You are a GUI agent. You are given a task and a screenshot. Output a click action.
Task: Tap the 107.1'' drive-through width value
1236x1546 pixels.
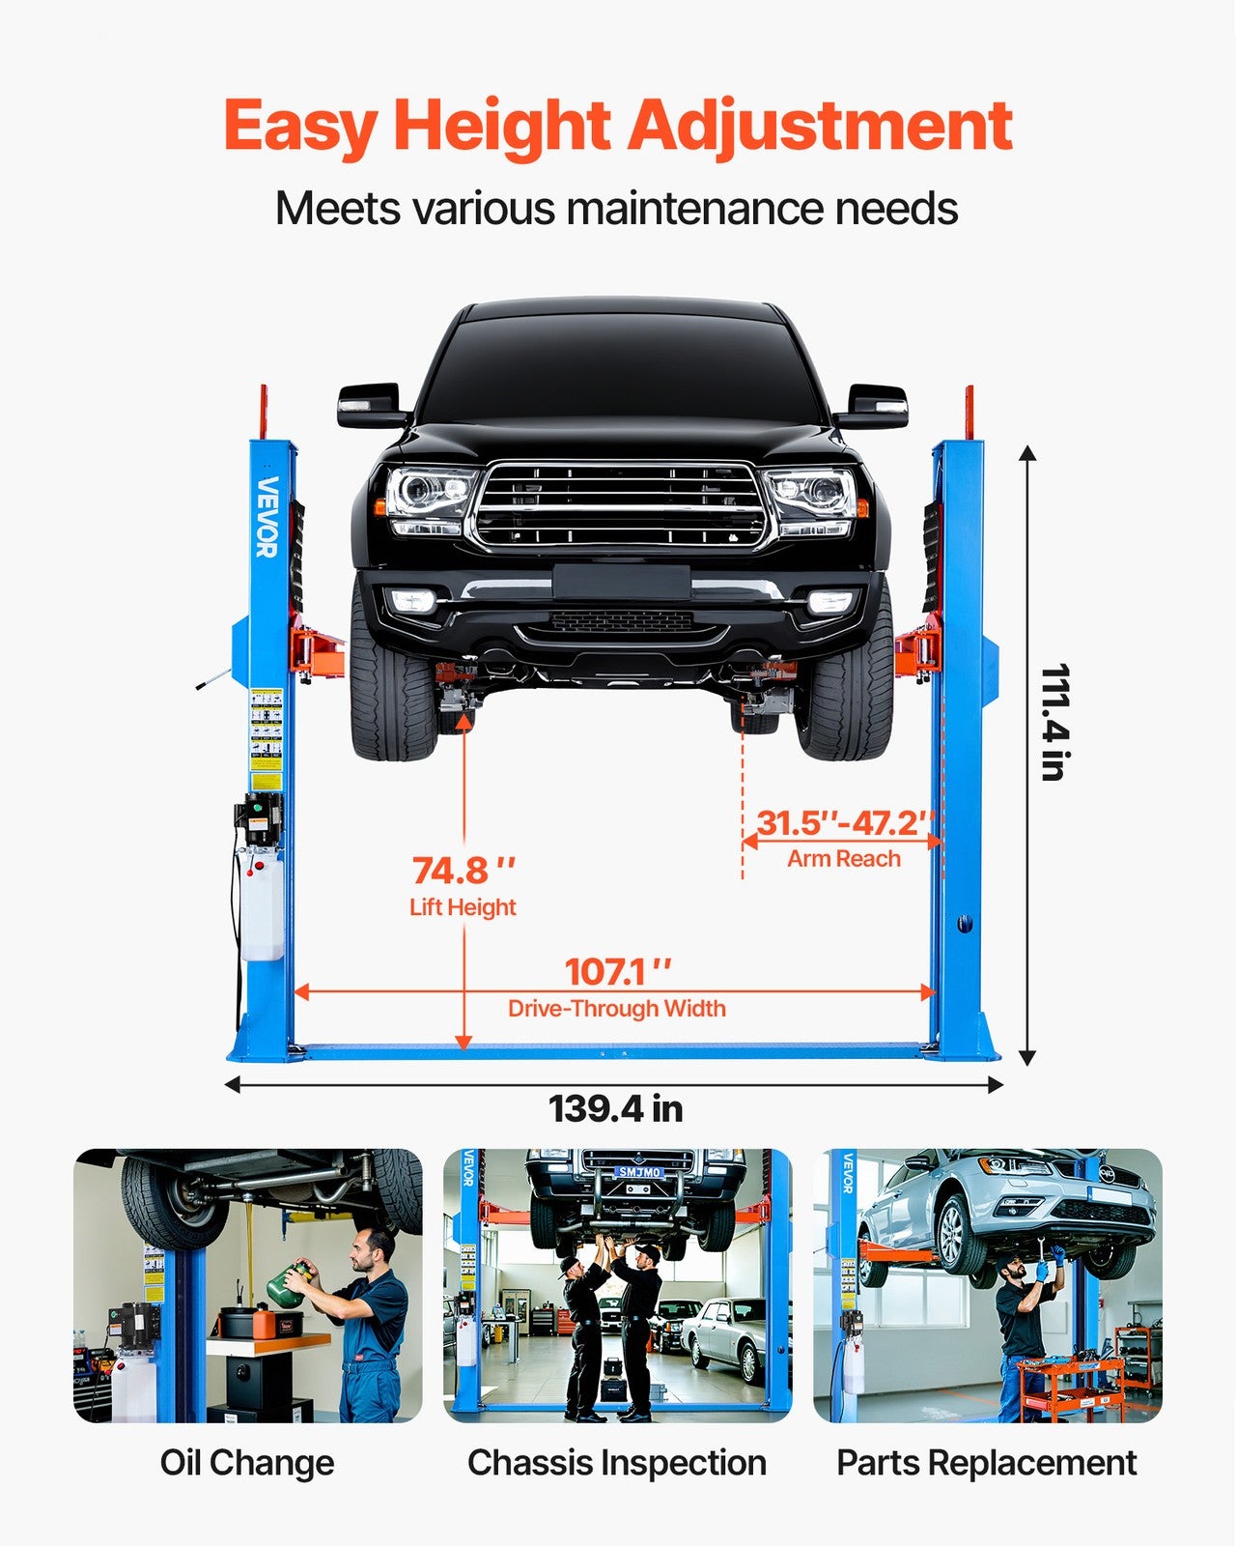pyautogui.click(x=617, y=971)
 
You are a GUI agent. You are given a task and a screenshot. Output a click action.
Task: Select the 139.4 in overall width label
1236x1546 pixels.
pyautogui.click(x=615, y=1108)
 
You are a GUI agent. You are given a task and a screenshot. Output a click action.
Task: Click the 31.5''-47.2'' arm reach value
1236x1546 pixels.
pyautogui.click(x=844, y=823)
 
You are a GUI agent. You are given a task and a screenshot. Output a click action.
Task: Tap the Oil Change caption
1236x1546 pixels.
pyautogui.click(x=247, y=1463)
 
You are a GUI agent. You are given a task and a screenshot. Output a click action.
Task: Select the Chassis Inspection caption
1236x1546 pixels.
pyautogui.click(x=617, y=1463)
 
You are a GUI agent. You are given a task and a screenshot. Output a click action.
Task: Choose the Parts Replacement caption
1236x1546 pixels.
pyautogui.click(x=986, y=1463)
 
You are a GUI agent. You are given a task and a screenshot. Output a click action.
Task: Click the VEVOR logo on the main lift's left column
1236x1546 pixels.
pyautogui.click(x=267, y=517)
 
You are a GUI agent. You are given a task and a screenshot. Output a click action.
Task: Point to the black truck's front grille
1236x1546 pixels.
pyautogui.click(x=618, y=505)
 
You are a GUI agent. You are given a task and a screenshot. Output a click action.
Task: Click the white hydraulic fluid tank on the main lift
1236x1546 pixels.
pyautogui.click(x=262, y=908)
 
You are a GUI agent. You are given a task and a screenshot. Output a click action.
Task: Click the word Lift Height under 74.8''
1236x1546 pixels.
pyautogui.click(x=463, y=907)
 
